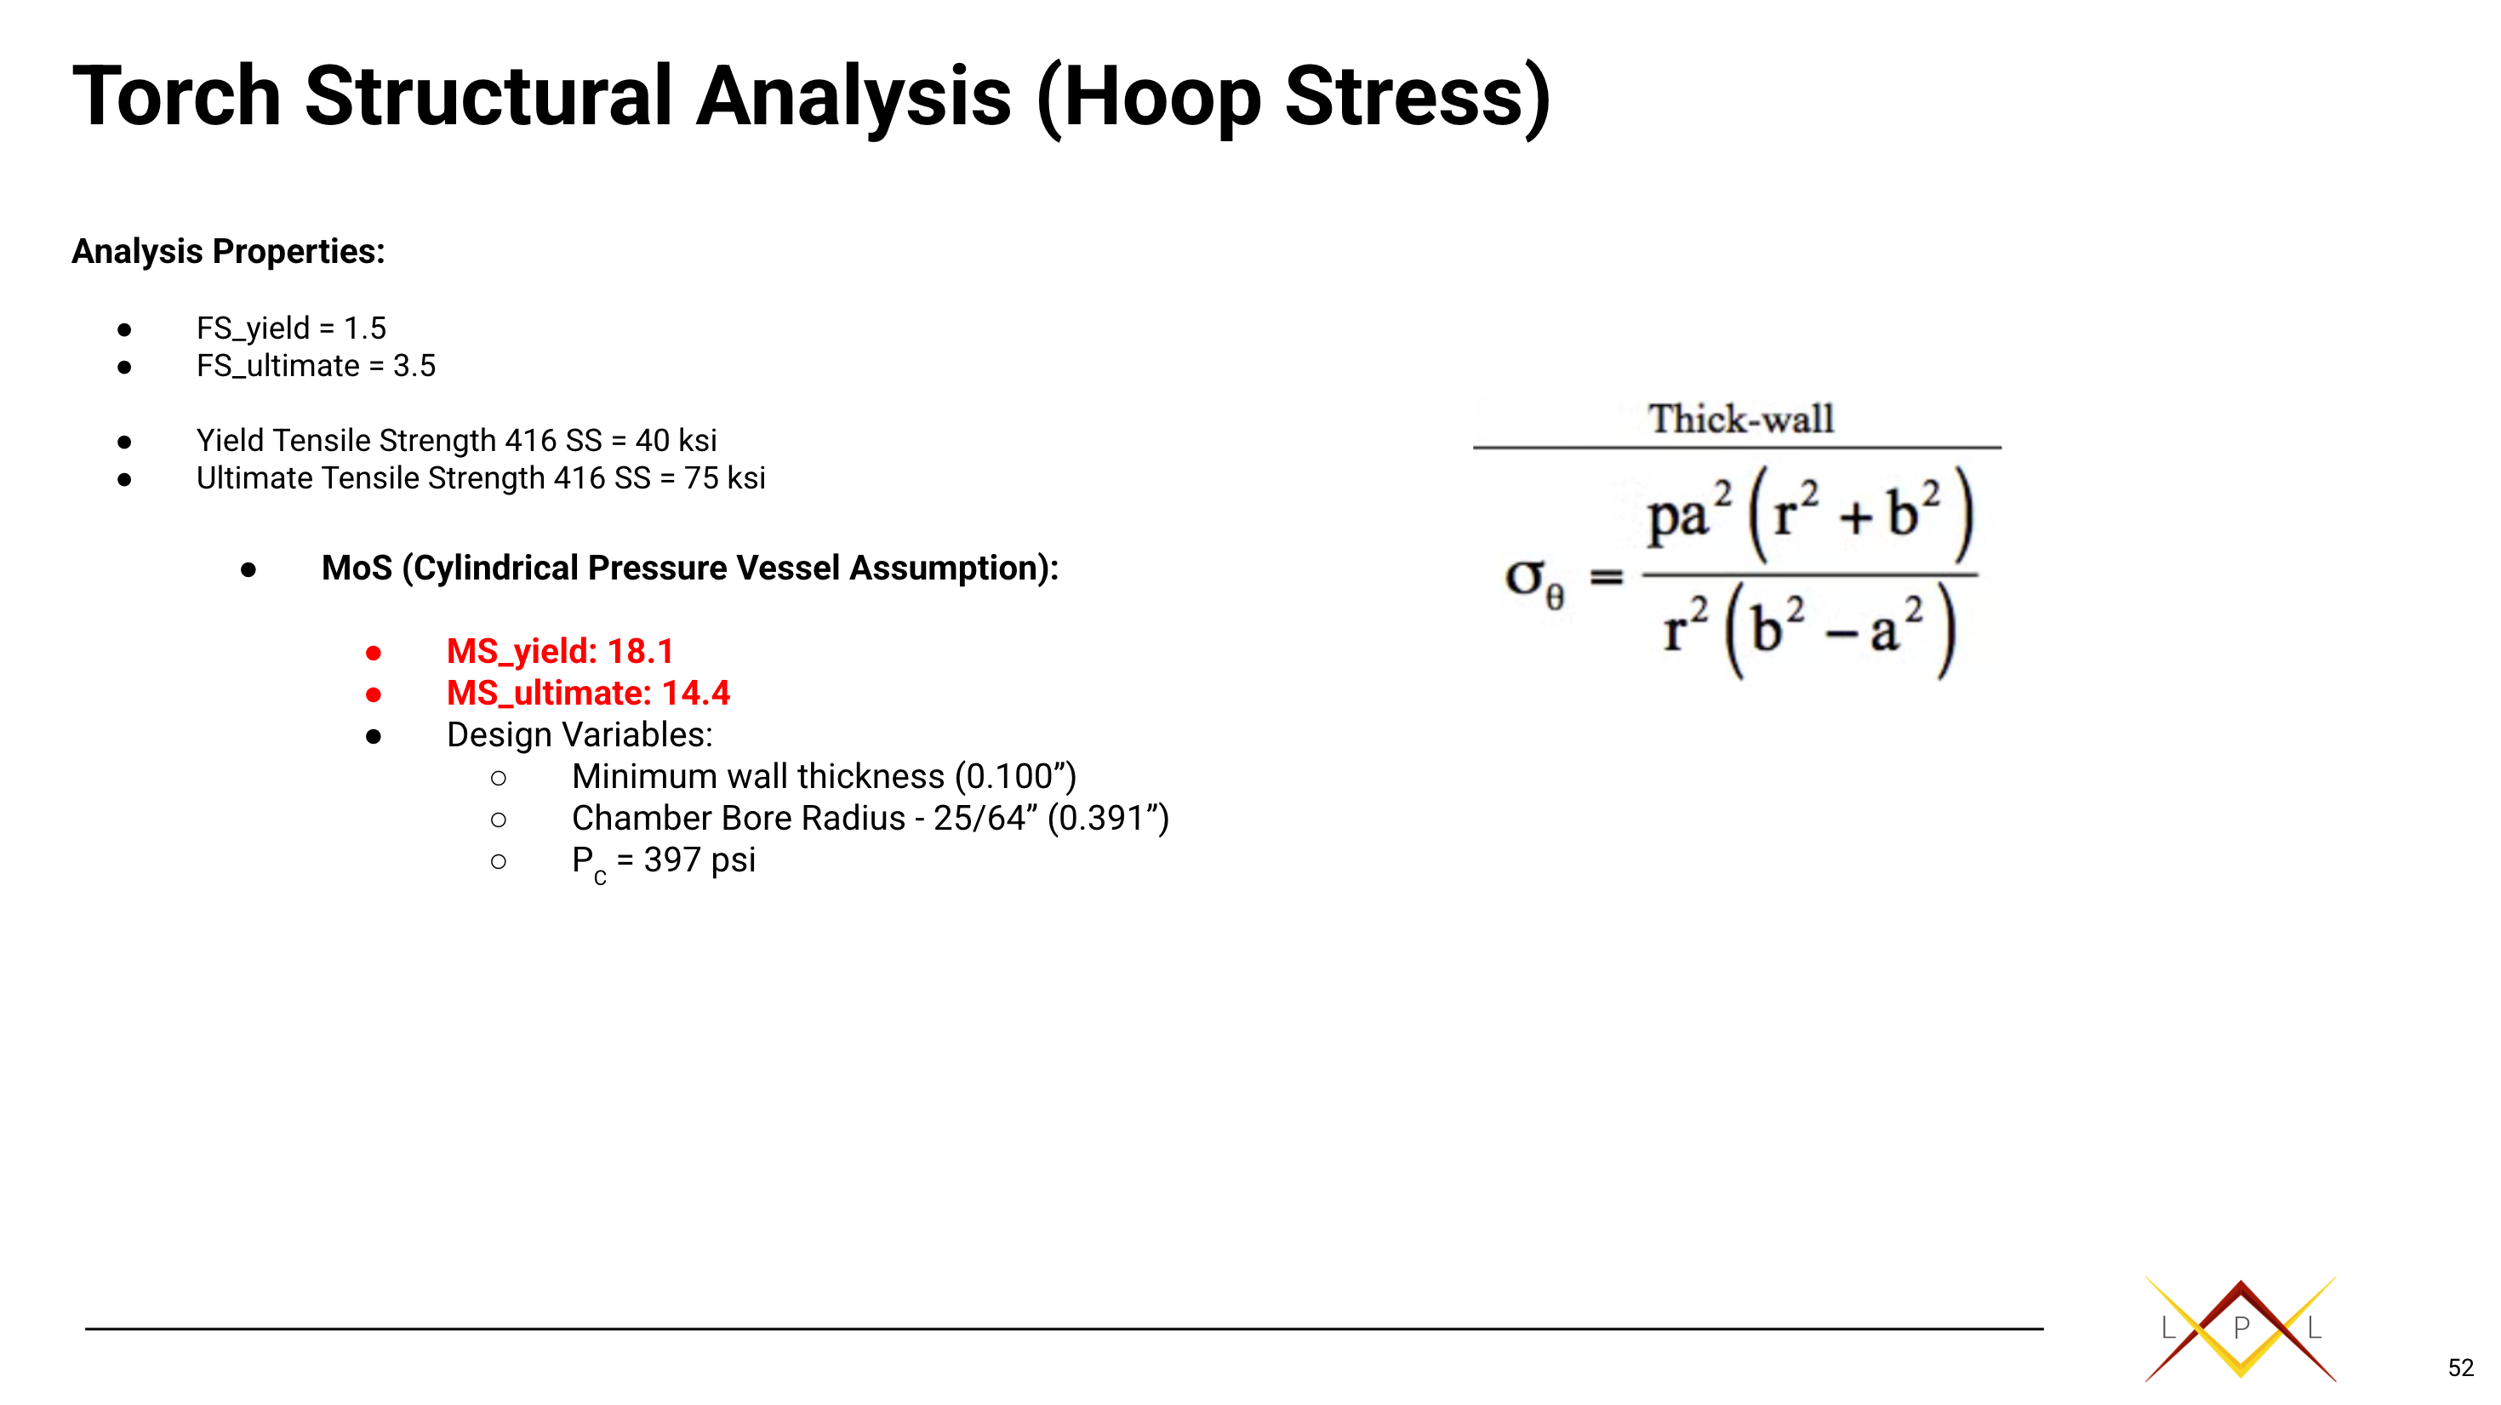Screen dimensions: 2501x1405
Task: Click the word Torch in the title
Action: pyautogui.click(x=177, y=96)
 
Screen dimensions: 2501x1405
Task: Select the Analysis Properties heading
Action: pyautogui.click(x=228, y=252)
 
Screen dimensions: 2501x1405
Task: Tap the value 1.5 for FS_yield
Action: pyautogui.click(x=365, y=328)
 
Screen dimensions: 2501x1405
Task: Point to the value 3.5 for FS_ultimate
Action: pyautogui.click(x=414, y=366)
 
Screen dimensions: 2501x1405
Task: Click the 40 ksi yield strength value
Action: pyautogui.click(x=676, y=441)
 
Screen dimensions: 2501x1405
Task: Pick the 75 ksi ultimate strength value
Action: pyautogui.click(x=724, y=479)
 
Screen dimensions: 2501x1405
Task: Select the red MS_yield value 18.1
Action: pyautogui.click(x=641, y=652)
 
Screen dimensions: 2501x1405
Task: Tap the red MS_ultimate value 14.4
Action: pyautogui.click(x=696, y=694)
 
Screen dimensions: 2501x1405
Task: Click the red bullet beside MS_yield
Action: pyautogui.click(x=374, y=654)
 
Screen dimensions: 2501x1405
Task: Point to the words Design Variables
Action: pyautogui.click(x=580, y=735)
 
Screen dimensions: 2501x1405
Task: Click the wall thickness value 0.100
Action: pyautogui.click(x=1010, y=777)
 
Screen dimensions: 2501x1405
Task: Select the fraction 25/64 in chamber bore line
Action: pyautogui.click(x=979, y=819)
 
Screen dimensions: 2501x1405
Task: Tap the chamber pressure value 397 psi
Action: pyautogui.click(x=699, y=860)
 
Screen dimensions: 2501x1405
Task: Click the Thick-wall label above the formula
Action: pyautogui.click(x=1741, y=420)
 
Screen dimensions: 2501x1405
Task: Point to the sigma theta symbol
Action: pyautogui.click(x=1534, y=581)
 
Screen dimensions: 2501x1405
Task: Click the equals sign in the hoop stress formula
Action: pyautogui.click(x=1606, y=578)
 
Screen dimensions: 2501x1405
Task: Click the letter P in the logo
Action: pyautogui.click(x=2241, y=1328)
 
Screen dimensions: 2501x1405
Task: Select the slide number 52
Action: pyautogui.click(x=2461, y=1368)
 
